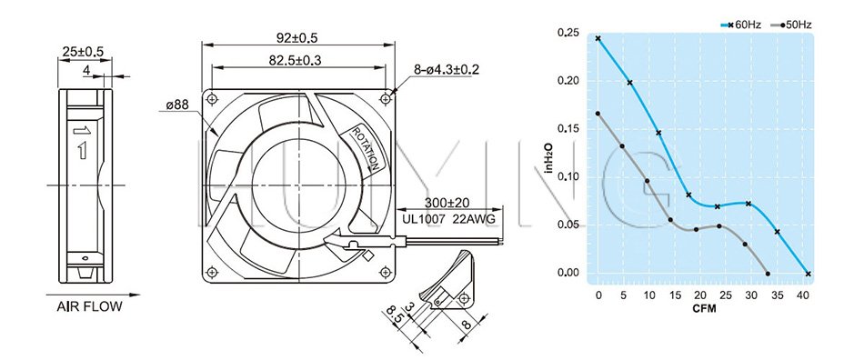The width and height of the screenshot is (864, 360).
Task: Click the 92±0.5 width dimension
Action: pos(298,37)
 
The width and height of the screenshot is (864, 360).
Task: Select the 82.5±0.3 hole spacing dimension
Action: pos(295,60)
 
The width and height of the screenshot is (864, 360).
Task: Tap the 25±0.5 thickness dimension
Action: pos(83,53)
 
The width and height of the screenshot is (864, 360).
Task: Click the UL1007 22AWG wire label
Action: pos(449,219)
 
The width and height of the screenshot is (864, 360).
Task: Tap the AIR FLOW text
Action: pos(89,306)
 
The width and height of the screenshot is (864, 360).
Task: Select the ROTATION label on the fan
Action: pos(366,148)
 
